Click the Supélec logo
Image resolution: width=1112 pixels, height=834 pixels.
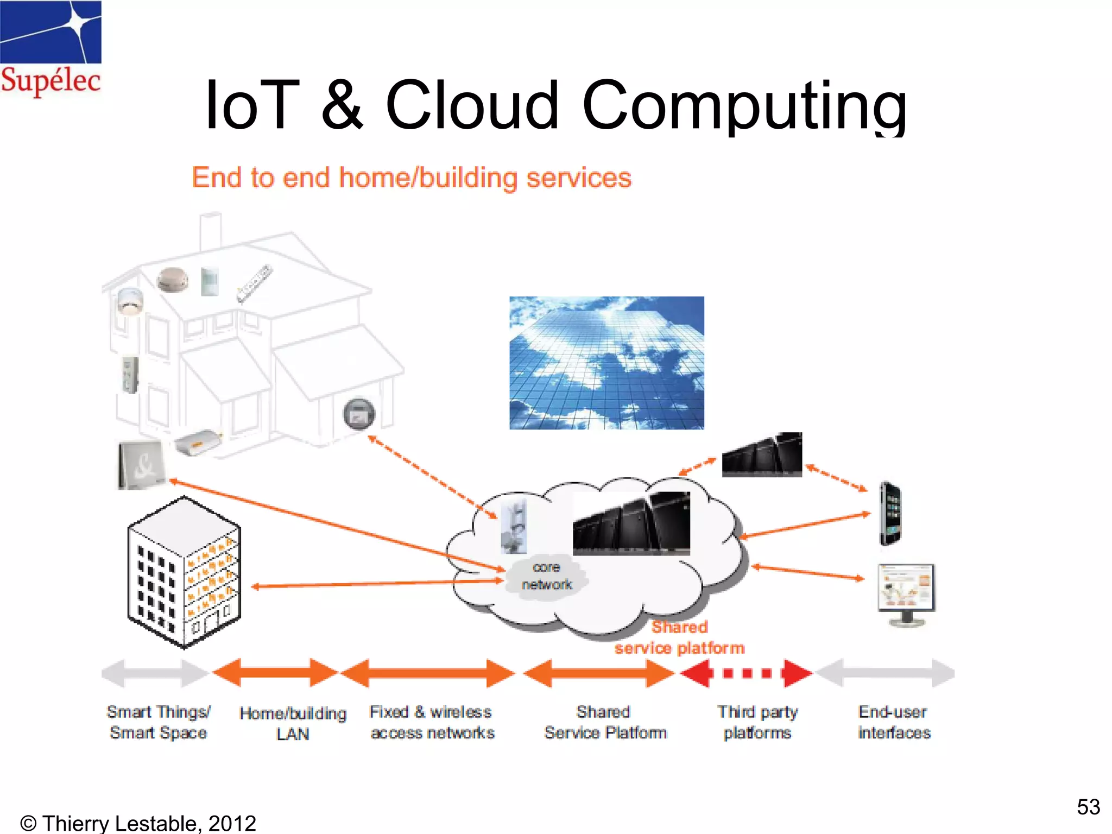coord(50,49)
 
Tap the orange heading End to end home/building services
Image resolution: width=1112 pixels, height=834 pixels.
coord(412,178)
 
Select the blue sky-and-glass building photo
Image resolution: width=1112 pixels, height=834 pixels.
coord(606,363)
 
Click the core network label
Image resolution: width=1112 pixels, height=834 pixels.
coord(546,576)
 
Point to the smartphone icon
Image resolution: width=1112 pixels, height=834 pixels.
coord(890,514)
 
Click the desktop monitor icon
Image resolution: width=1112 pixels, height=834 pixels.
coord(906,594)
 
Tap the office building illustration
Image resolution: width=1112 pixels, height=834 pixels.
coord(184,573)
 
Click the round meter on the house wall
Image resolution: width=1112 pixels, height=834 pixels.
coord(359,414)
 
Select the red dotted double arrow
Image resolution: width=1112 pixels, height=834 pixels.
coord(747,673)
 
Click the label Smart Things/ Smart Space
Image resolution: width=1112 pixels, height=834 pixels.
coord(158,722)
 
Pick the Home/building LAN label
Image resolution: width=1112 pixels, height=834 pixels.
coord(293,723)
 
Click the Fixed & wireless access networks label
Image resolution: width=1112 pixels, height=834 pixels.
coord(432,722)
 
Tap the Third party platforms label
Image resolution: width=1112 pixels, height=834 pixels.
coord(757,722)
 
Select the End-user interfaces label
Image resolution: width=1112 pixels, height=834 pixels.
coord(894,722)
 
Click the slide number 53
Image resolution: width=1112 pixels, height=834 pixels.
coord(1088,807)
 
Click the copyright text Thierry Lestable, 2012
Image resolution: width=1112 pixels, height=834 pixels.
coord(138,823)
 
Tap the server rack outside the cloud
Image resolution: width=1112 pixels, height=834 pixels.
coord(762,455)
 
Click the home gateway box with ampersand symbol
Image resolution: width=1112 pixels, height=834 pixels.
coord(141,465)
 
